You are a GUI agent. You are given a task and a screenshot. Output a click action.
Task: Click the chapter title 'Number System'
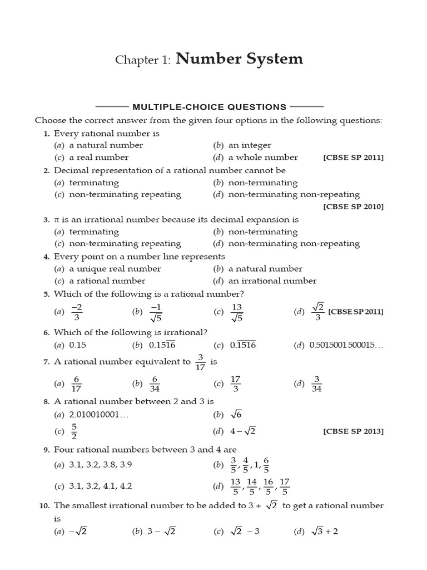point(240,59)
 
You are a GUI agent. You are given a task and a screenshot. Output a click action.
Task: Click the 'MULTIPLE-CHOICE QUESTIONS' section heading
point(209,107)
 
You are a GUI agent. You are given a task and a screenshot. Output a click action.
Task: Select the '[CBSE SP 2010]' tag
point(353,207)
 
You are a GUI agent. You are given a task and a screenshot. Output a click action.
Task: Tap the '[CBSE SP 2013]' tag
point(353,431)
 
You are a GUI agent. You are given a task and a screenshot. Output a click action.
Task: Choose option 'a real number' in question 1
point(98,158)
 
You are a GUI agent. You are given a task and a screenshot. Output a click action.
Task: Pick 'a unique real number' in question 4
point(115,269)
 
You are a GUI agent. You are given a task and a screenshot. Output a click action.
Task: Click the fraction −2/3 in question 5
point(77,312)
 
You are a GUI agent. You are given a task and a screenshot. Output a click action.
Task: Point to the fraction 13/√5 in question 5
point(237,312)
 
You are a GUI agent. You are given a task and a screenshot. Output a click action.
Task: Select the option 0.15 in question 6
point(77,345)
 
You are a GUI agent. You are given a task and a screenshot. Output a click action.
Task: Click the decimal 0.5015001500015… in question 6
point(346,345)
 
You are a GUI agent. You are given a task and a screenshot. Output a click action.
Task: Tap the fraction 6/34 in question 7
point(155,384)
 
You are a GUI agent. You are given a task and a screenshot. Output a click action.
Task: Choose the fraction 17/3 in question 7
point(235,384)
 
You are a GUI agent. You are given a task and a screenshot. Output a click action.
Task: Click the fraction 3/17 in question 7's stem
point(201,362)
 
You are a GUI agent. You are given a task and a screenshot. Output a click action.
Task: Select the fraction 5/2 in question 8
point(74,431)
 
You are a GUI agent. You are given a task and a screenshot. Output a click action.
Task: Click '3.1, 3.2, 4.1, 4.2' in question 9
point(101,486)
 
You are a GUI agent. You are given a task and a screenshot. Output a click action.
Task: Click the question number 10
point(44,506)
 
